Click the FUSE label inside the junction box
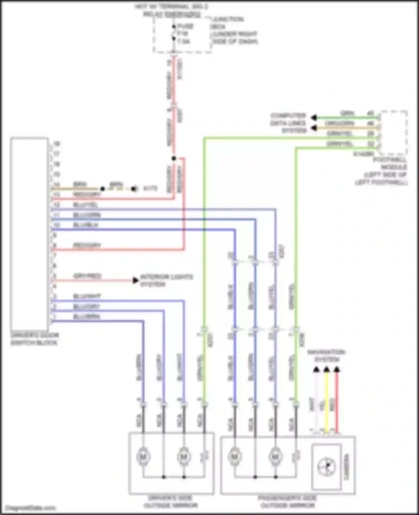(185, 27)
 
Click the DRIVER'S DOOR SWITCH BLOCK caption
(34, 339)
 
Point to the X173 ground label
(150, 189)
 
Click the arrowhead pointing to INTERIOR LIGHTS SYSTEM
(136, 280)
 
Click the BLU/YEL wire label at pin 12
(85, 205)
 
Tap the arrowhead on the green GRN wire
(314, 118)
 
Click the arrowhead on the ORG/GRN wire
(314, 128)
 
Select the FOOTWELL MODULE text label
(390, 163)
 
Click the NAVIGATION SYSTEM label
(326, 356)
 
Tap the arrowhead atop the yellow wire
(327, 370)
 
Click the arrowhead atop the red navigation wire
(337, 370)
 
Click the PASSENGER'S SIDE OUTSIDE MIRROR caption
(288, 501)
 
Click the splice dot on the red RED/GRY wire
(174, 158)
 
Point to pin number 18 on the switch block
(57, 144)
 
